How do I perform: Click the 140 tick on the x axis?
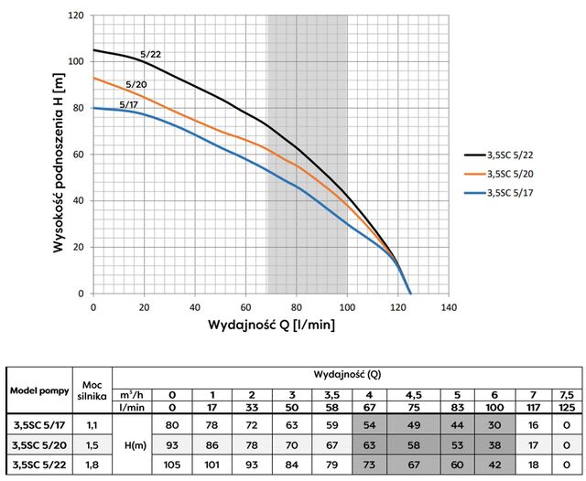448,307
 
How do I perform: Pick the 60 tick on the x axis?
245,307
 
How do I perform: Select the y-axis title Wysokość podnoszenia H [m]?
58,155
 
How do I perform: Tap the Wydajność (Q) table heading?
342,375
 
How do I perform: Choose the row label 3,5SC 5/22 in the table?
40,465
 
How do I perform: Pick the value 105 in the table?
170,465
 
